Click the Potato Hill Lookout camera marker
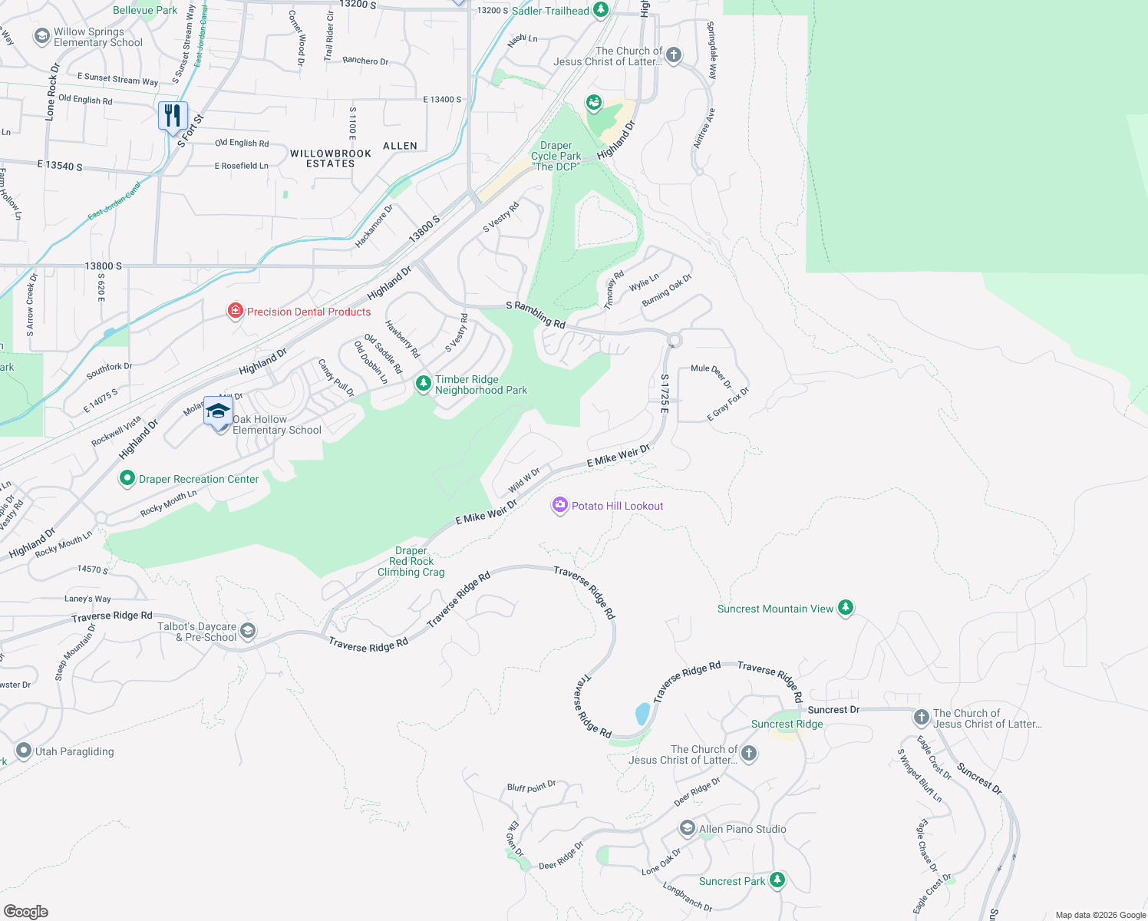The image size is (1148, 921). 560,505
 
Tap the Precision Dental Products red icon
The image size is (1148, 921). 236,311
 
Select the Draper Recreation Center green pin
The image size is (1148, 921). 127,478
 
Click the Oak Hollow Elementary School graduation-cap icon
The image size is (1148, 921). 219,411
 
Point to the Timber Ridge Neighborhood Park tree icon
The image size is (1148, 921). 423,383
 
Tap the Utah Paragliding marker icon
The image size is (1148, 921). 24,751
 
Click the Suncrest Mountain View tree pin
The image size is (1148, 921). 846,608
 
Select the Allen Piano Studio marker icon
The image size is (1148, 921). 688,828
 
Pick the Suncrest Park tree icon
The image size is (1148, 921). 777,880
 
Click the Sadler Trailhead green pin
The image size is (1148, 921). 601,10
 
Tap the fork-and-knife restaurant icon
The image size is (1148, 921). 173,116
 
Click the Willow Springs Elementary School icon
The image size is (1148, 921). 41,36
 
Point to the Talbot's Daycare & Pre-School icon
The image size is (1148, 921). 248,631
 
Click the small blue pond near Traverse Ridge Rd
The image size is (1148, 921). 642,715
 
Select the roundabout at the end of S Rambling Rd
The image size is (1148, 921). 675,339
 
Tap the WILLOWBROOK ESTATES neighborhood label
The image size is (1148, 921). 331,158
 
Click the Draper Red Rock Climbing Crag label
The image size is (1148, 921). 411,561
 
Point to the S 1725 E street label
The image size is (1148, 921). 665,394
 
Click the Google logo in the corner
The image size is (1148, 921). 25,912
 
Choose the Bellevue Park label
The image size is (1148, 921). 145,10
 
